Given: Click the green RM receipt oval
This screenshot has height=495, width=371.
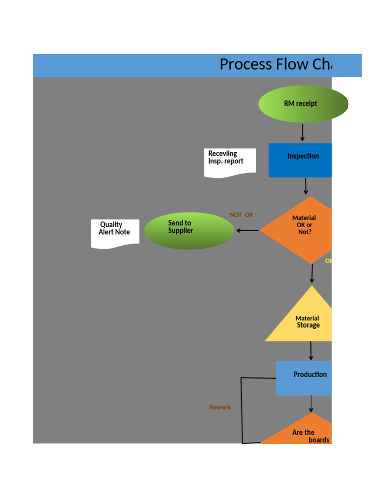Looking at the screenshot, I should tap(300, 103).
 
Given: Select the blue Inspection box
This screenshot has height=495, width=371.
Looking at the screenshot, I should tap(300, 160).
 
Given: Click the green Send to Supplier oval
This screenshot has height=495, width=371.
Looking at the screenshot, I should tap(189, 231).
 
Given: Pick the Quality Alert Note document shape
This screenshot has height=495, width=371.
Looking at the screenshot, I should tap(115, 233).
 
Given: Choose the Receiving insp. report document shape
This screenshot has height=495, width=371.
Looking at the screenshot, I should tap(229, 162).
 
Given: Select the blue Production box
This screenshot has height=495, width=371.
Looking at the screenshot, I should tap(304, 378).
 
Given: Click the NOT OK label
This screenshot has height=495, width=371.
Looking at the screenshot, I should tap(241, 215).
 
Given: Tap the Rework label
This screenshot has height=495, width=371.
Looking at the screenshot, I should tap(220, 408).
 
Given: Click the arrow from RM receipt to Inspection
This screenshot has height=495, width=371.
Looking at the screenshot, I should tap(303, 132).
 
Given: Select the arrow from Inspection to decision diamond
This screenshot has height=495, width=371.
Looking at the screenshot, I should tap(306, 186).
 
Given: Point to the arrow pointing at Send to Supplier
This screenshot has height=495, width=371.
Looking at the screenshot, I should tap(247, 231).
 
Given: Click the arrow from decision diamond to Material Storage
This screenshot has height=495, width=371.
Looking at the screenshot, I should tap(312, 274).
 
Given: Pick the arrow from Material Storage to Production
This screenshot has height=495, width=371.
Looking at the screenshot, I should tap(311, 350).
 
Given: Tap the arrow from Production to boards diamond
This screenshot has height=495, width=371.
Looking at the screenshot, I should tap(311, 404).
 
